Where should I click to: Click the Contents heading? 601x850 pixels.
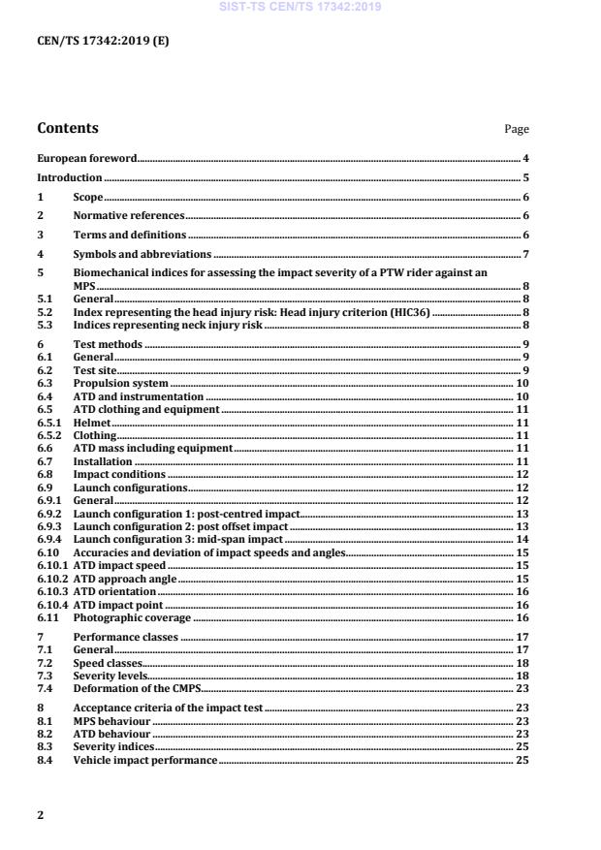pos(67,128)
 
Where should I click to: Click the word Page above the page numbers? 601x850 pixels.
pos(518,130)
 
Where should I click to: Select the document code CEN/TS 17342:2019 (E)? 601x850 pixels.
pos(103,41)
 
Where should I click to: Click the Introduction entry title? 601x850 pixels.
pos(70,178)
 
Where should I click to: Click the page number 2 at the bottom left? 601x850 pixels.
pos(41,815)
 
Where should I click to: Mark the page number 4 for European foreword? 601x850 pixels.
pos(525,158)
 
